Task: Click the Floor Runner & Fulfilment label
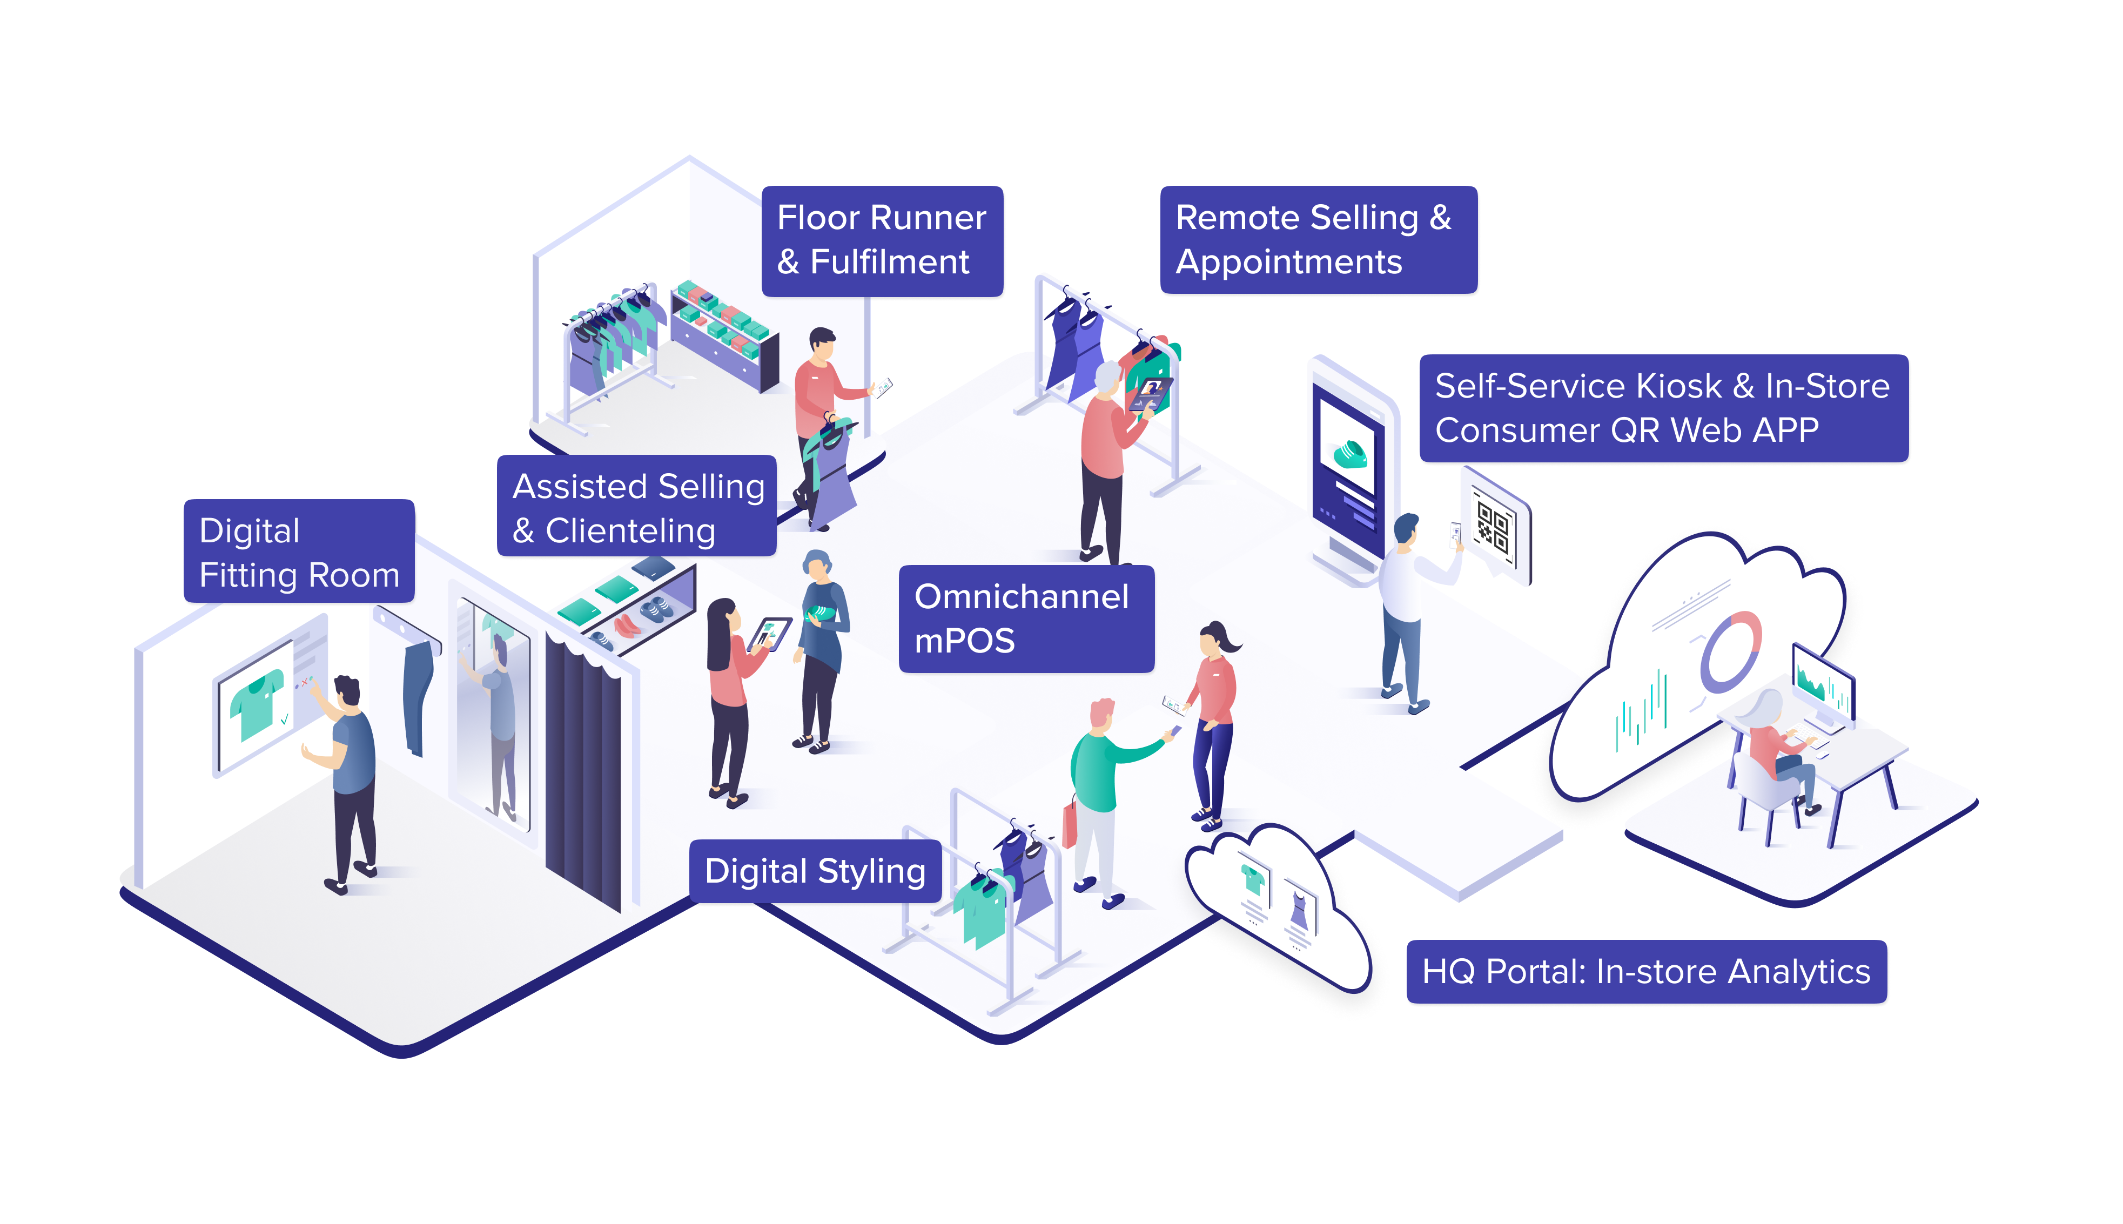coord(882,240)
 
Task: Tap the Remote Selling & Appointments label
coord(1318,240)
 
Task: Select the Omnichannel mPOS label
coord(1026,618)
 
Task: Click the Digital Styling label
coord(815,871)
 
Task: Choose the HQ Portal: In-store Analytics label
coord(1647,971)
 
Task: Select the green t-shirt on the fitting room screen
coord(257,703)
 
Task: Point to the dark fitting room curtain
coord(583,769)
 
